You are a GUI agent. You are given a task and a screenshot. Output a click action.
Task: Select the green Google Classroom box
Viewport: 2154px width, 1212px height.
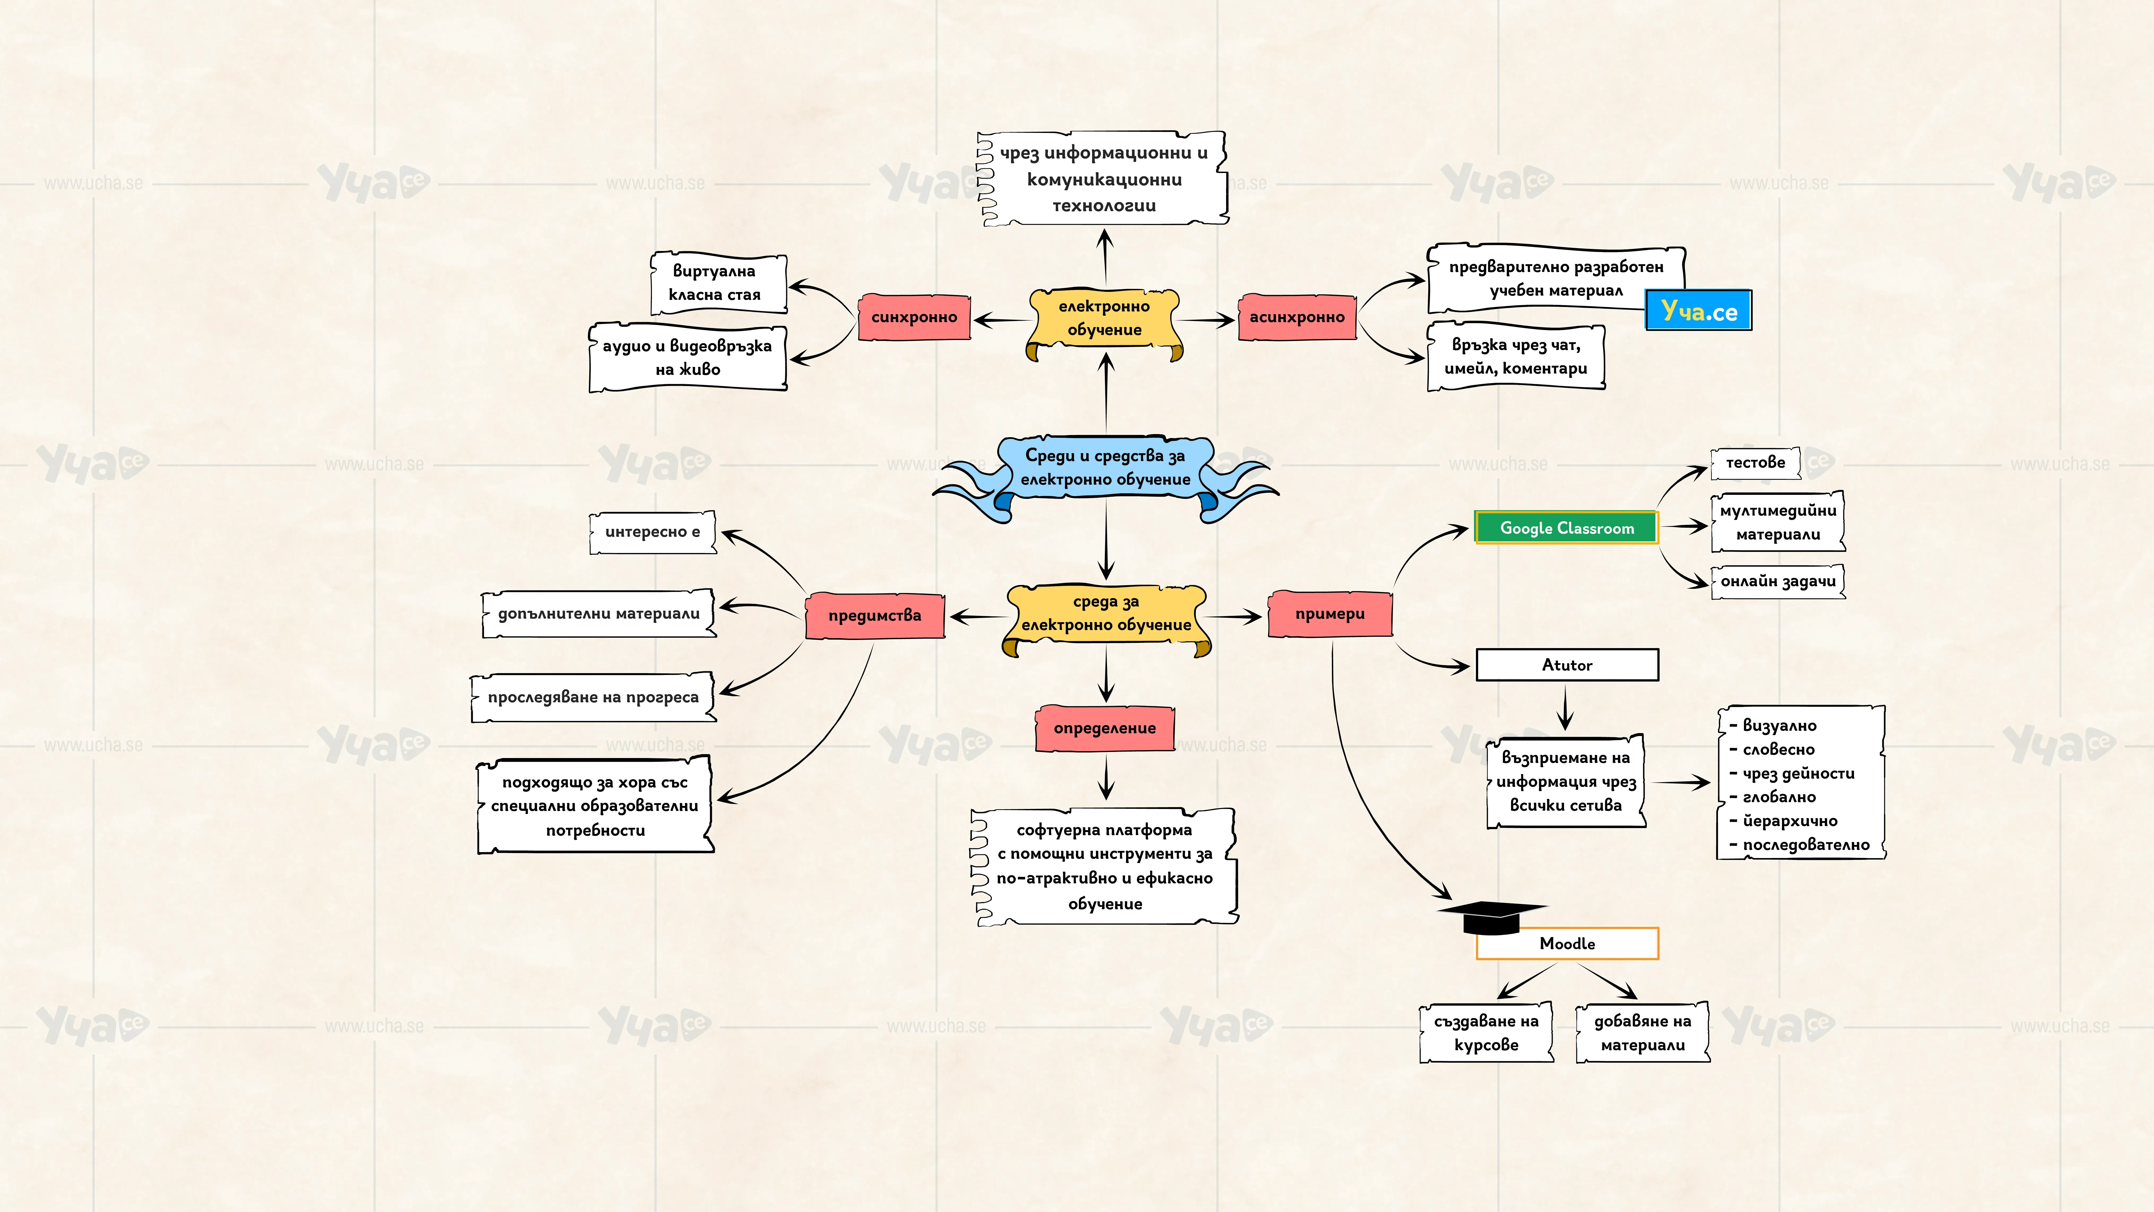click(x=1566, y=528)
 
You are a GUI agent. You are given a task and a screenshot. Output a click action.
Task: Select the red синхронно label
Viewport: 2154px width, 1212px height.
click(x=914, y=317)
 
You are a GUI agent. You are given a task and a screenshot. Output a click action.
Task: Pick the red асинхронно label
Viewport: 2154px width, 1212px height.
click(x=1297, y=317)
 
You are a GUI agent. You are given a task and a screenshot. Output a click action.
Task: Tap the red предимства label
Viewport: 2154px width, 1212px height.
click(x=875, y=616)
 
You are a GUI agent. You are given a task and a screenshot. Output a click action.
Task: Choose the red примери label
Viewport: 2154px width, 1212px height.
click(x=1330, y=614)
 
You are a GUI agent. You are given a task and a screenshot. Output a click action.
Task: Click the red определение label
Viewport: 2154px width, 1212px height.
click(x=1105, y=729)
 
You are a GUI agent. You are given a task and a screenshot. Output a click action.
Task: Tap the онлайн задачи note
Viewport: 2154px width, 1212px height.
click(x=1778, y=581)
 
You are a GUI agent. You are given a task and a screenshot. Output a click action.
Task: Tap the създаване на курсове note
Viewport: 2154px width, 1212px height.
click(x=1486, y=1033)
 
